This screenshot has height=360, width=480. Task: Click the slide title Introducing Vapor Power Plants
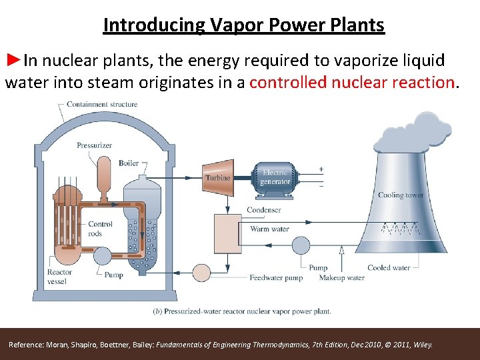tap(243, 25)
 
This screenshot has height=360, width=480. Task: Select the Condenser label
tap(263, 210)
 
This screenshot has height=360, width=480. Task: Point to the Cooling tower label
tap(400, 195)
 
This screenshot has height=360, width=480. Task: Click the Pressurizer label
tap(94, 145)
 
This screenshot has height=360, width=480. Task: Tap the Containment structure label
tap(102, 105)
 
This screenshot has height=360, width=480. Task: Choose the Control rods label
tap(100, 229)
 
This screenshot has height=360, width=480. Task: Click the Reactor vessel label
tap(59, 276)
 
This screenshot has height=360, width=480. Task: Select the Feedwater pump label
tap(275, 278)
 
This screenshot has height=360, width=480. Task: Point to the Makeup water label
tap(341, 278)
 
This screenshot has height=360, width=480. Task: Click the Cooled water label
tap(388, 268)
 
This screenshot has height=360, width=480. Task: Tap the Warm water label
tap(269, 229)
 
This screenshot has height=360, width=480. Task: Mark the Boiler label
tap(129, 163)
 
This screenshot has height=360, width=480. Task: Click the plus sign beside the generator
tap(321, 169)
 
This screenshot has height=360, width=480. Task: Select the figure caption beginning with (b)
tap(242, 311)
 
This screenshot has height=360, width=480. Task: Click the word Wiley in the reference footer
tap(423, 345)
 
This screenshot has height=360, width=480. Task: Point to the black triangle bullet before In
tap(13, 61)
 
